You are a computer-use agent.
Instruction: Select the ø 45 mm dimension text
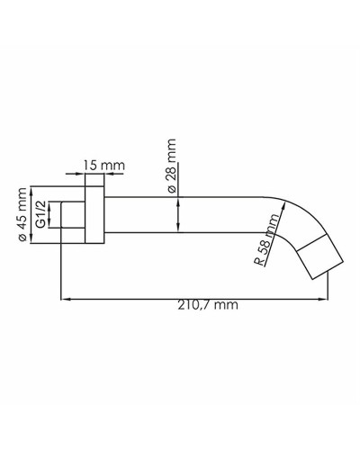coord(22,215)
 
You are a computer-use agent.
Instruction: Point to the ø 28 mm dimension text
coord(172,163)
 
